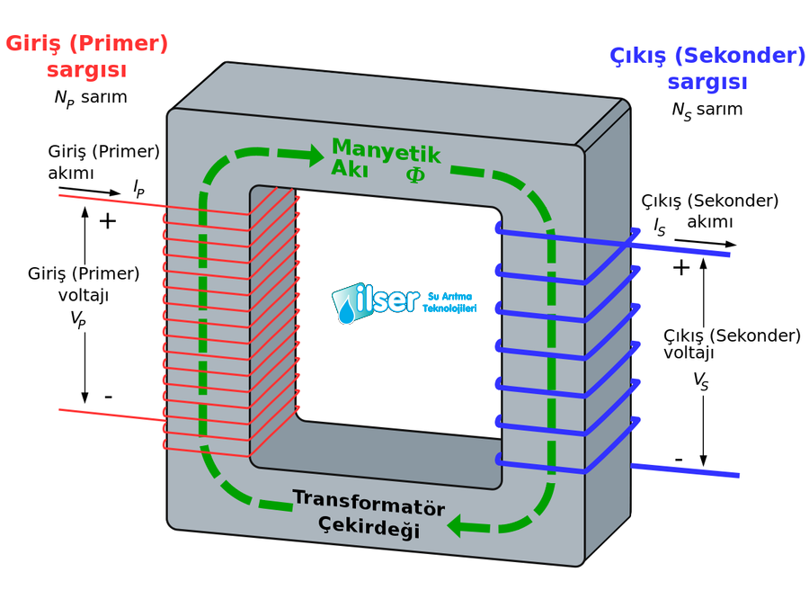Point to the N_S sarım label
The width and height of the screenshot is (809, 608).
click(707, 111)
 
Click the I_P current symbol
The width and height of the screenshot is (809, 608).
click(138, 188)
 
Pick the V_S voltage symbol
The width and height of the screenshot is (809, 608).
click(701, 381)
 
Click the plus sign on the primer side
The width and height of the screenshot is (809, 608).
click(107, 221)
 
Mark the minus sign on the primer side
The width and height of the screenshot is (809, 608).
click(108, 396)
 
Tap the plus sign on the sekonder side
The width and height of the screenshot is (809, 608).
click(681, 267)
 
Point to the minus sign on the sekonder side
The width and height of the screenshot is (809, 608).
click(679, 460)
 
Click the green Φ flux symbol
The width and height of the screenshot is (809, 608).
click(415, 174)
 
